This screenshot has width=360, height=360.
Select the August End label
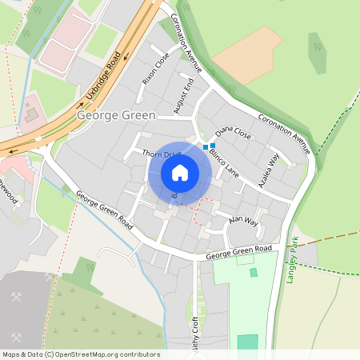point(184,95)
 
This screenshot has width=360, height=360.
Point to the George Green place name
point(116,116)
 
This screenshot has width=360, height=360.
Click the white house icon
point(180,172)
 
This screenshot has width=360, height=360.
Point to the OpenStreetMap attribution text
point(80,354)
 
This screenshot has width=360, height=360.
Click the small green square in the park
point(254,273)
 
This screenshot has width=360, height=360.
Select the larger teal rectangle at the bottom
point(248,342)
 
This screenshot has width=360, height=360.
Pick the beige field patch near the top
point(247,53)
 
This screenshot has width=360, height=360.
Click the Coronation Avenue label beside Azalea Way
point(283,133)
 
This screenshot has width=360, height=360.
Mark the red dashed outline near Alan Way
point(206,210)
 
